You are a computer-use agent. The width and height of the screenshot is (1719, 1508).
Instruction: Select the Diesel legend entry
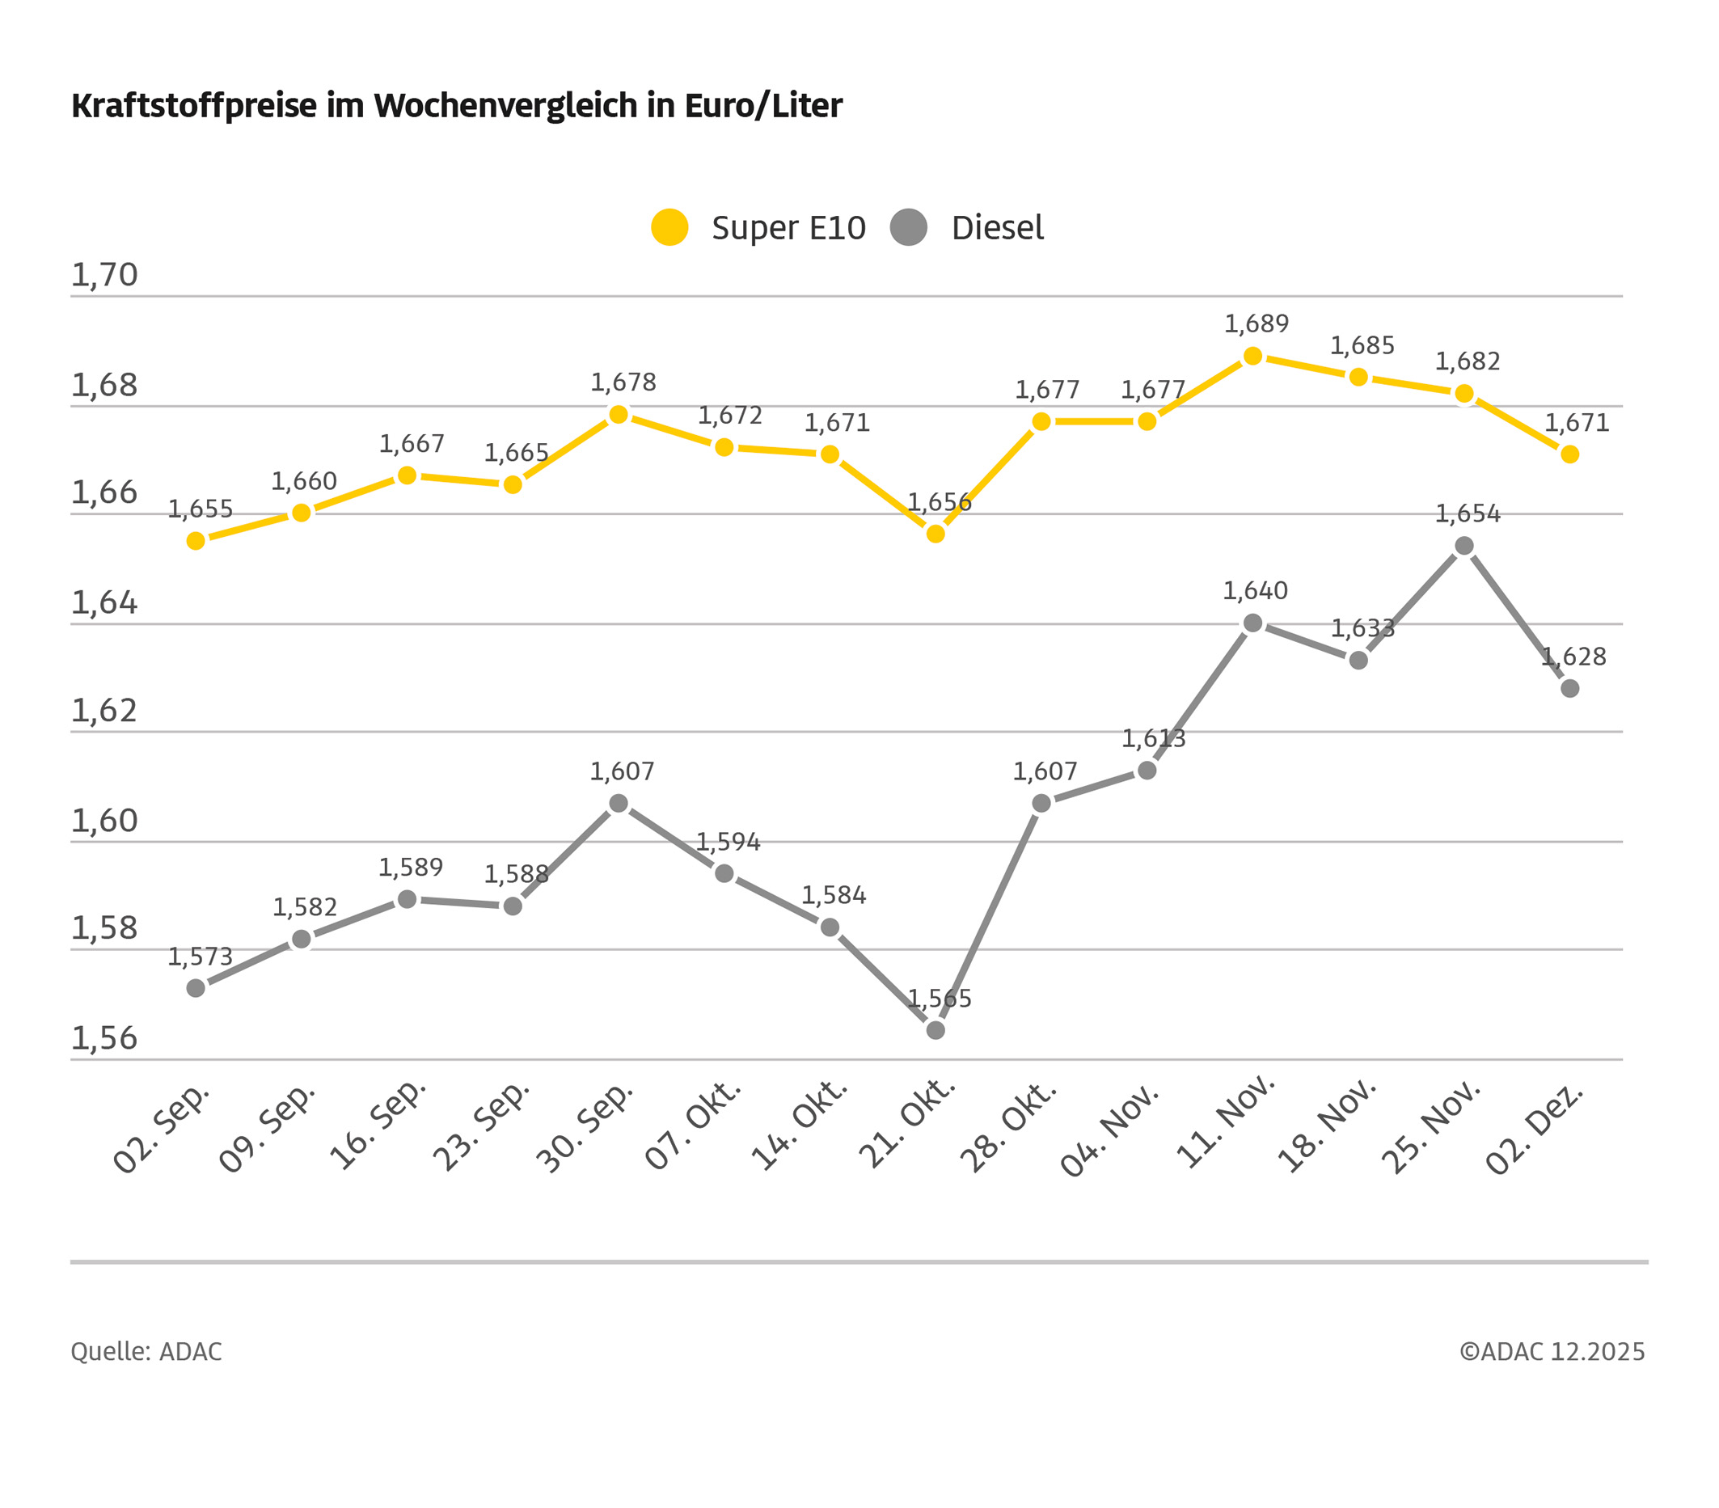pos(968,228)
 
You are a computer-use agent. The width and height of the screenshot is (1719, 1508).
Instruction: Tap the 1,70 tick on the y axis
pos(104,275)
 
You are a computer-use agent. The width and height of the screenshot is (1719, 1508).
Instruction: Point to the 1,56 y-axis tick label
pos(104,1039)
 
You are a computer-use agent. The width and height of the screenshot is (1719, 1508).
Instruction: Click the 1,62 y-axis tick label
pos(104,712)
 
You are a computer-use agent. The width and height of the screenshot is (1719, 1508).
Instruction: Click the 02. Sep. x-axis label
pos(163,1130)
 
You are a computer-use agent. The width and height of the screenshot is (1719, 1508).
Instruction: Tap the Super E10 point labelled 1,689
pos(1253,357)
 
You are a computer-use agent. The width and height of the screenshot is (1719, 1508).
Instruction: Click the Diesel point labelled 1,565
pos(936,1030)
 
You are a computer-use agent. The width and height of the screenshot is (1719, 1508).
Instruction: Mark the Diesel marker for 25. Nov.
pos(1464,547)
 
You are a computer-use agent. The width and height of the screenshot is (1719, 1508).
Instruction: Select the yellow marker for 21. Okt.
pos(936,534)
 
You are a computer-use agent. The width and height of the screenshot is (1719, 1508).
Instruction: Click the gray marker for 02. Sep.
pos(196,988)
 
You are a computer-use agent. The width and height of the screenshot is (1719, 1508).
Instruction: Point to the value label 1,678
pos(623,382)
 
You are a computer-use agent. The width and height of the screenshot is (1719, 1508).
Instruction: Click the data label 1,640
pos(1255,591)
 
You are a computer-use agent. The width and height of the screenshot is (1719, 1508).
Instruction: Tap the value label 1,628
pos(1573,657)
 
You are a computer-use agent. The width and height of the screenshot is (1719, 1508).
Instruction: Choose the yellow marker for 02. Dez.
pos(1570,455)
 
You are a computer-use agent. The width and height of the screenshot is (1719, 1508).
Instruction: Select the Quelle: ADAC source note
pos(146,1352)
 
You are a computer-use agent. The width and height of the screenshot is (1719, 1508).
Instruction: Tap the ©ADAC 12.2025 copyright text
pos(1552,1352)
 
